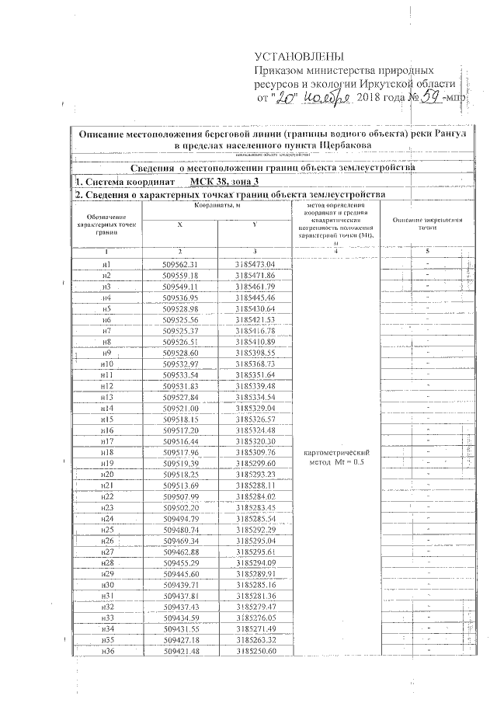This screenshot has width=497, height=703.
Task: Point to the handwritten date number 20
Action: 287,99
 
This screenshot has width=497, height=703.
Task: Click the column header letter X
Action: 181,224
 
